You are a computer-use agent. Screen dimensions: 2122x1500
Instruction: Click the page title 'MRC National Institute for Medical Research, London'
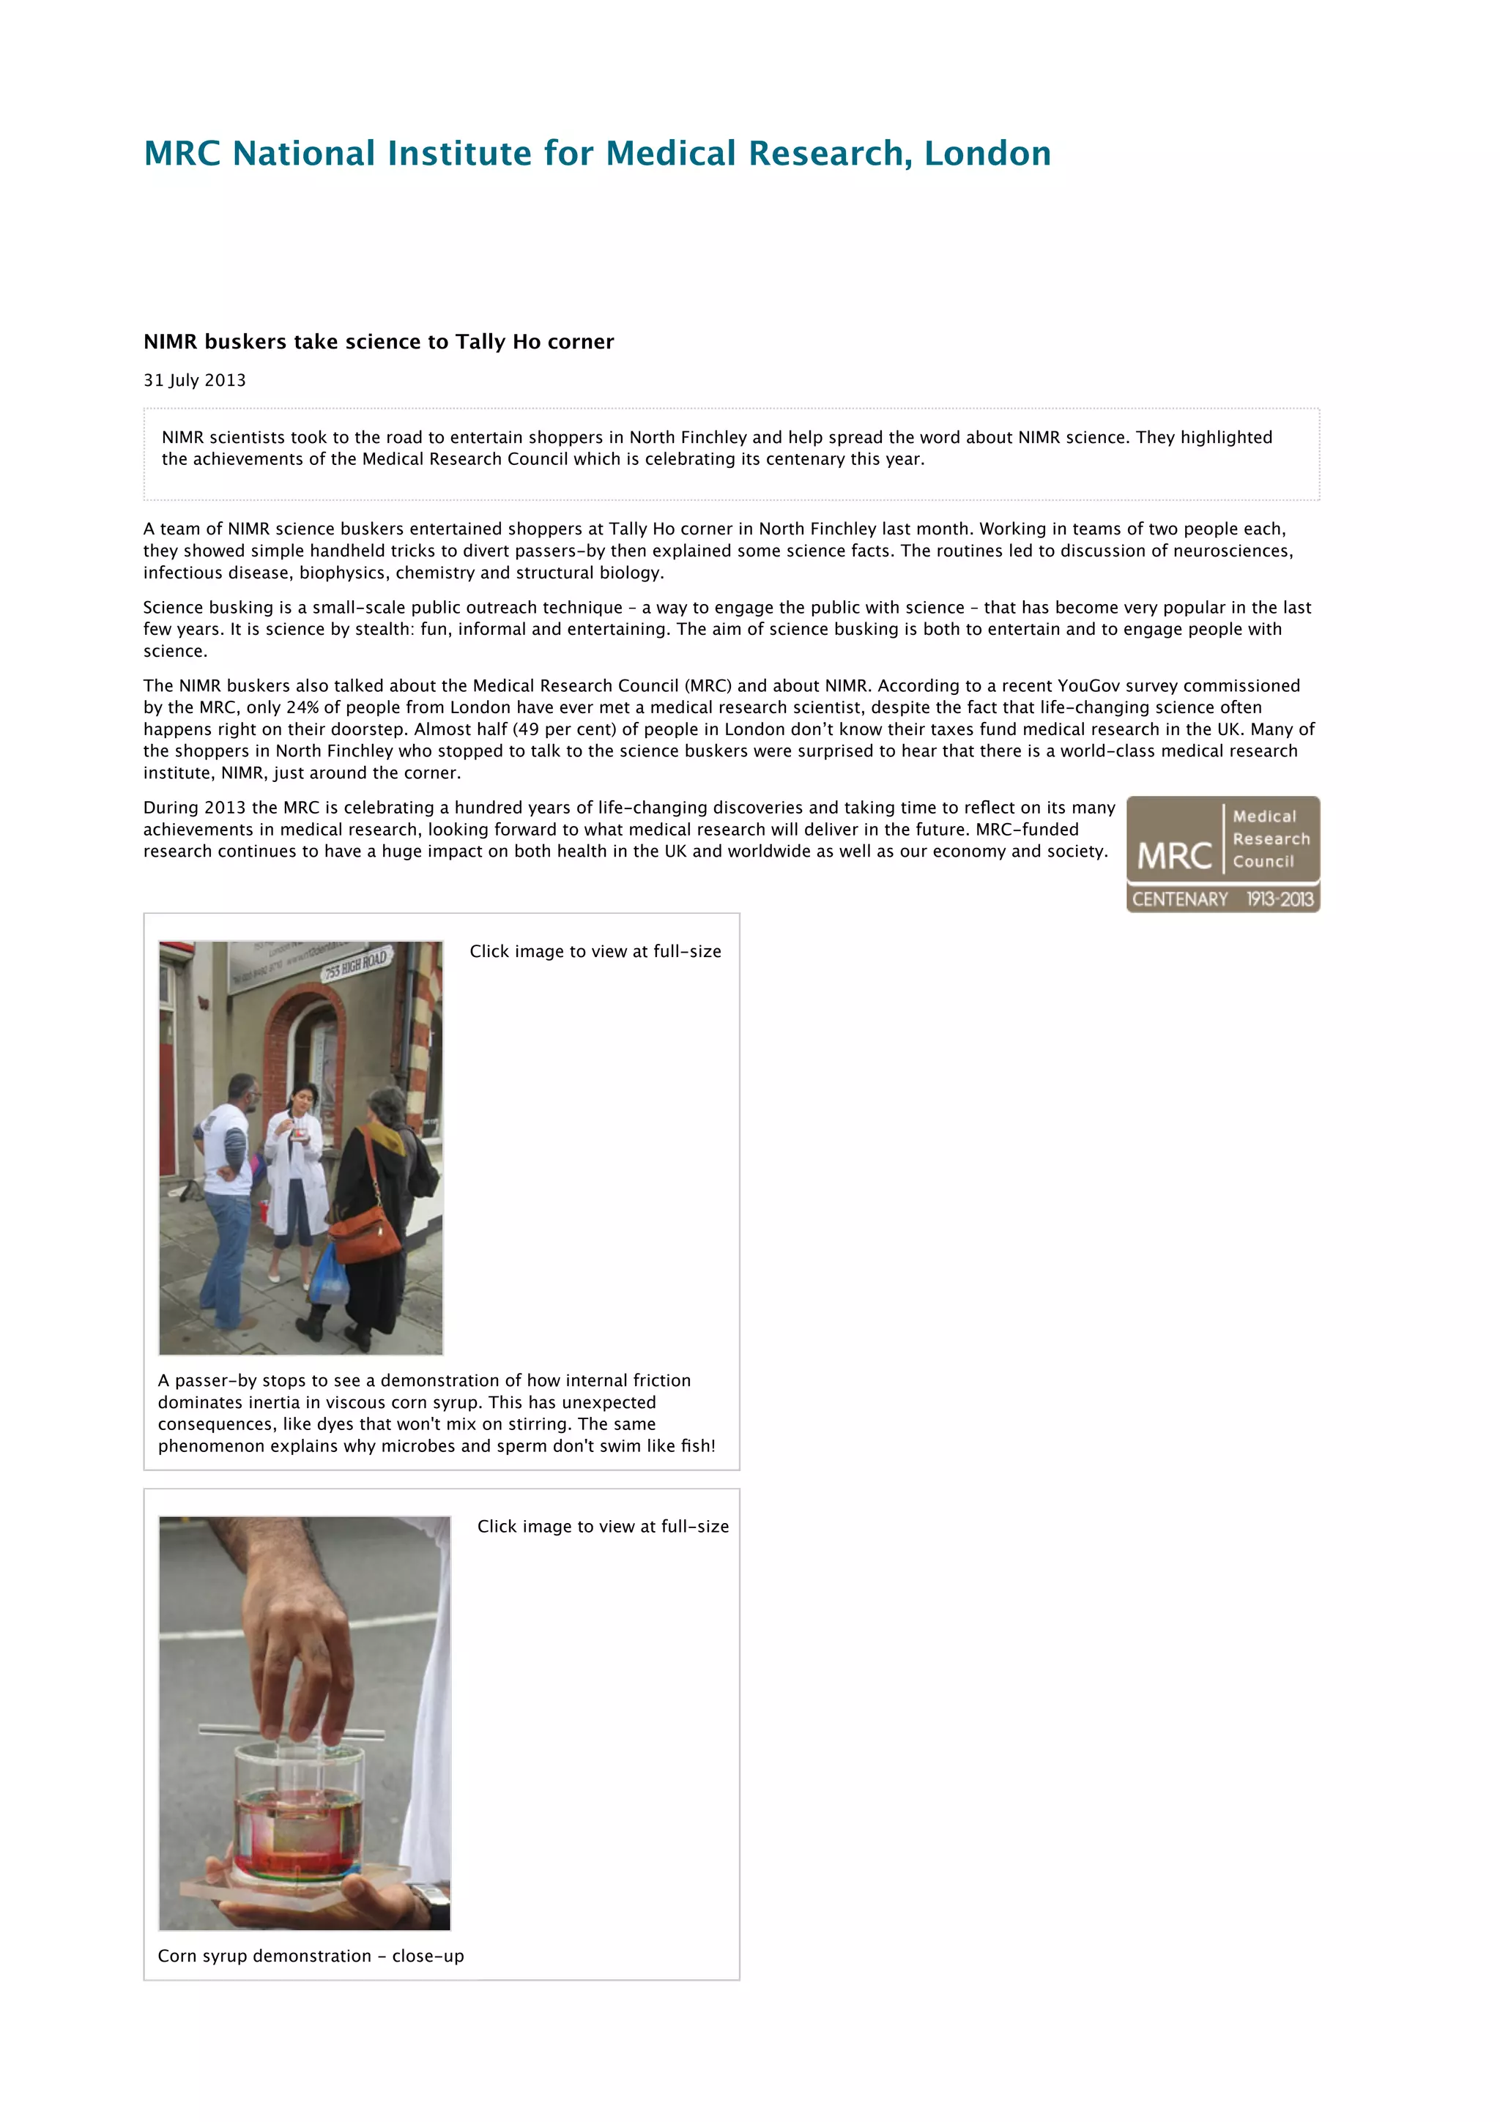point(597,154)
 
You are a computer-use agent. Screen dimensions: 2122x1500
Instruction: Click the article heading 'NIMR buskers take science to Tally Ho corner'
point(378,342)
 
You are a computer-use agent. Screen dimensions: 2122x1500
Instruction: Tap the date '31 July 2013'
point(194,381)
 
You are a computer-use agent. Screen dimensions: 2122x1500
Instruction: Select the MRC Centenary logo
point(1222,854)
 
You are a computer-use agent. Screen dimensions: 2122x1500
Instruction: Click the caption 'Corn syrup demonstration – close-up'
point(311,1956)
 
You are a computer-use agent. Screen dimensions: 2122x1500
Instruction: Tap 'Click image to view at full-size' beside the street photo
point(595,952)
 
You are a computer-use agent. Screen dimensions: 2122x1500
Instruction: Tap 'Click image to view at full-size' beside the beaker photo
point(603,1527)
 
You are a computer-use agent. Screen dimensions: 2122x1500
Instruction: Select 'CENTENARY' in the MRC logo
point(1179,899)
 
